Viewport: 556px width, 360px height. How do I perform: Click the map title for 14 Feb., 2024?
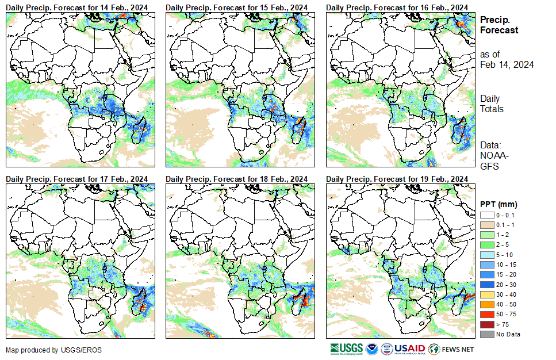[76, 6]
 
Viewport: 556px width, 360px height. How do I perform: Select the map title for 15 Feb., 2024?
[237, 6]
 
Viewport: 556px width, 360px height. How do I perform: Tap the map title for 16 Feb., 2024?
[397, 6]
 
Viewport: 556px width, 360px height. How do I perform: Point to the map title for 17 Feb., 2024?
[76, 179]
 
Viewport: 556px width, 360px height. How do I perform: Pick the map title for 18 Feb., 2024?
[237, 179]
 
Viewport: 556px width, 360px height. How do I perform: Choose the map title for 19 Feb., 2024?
[397, 179]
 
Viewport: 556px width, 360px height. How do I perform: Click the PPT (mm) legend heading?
[499, 204]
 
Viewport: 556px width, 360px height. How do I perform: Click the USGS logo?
[346, 348]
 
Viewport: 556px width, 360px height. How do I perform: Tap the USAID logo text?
[409, 348]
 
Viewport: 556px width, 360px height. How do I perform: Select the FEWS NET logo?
[451, 348]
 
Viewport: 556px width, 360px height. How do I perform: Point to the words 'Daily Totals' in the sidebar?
[492, 104]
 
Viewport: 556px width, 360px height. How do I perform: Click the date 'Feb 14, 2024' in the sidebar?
[507, 64]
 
